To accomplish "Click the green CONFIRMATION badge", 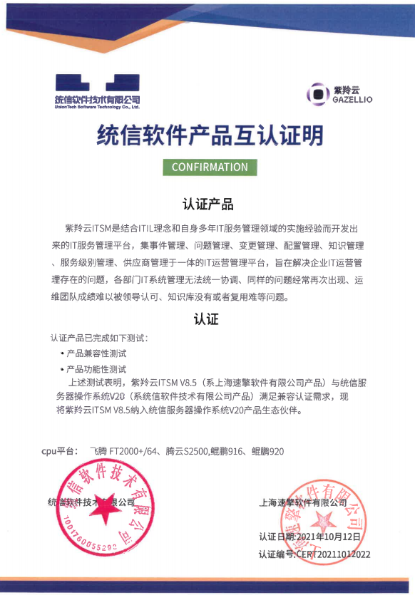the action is pyautogui.click(x=210, y=167).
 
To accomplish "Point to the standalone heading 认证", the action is pyautogui.click(x=205, y=319).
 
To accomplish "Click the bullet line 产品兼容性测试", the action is pyautogui.click(x=96, y=353).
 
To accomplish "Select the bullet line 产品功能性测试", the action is pyautogui.click(x=96, y=369).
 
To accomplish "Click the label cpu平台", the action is pyautogui.click(x=59, y=451).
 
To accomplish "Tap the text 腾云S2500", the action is pyautogui.click(x=186, y=451).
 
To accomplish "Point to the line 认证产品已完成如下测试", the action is pyautogui.click(x=100, y=336).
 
